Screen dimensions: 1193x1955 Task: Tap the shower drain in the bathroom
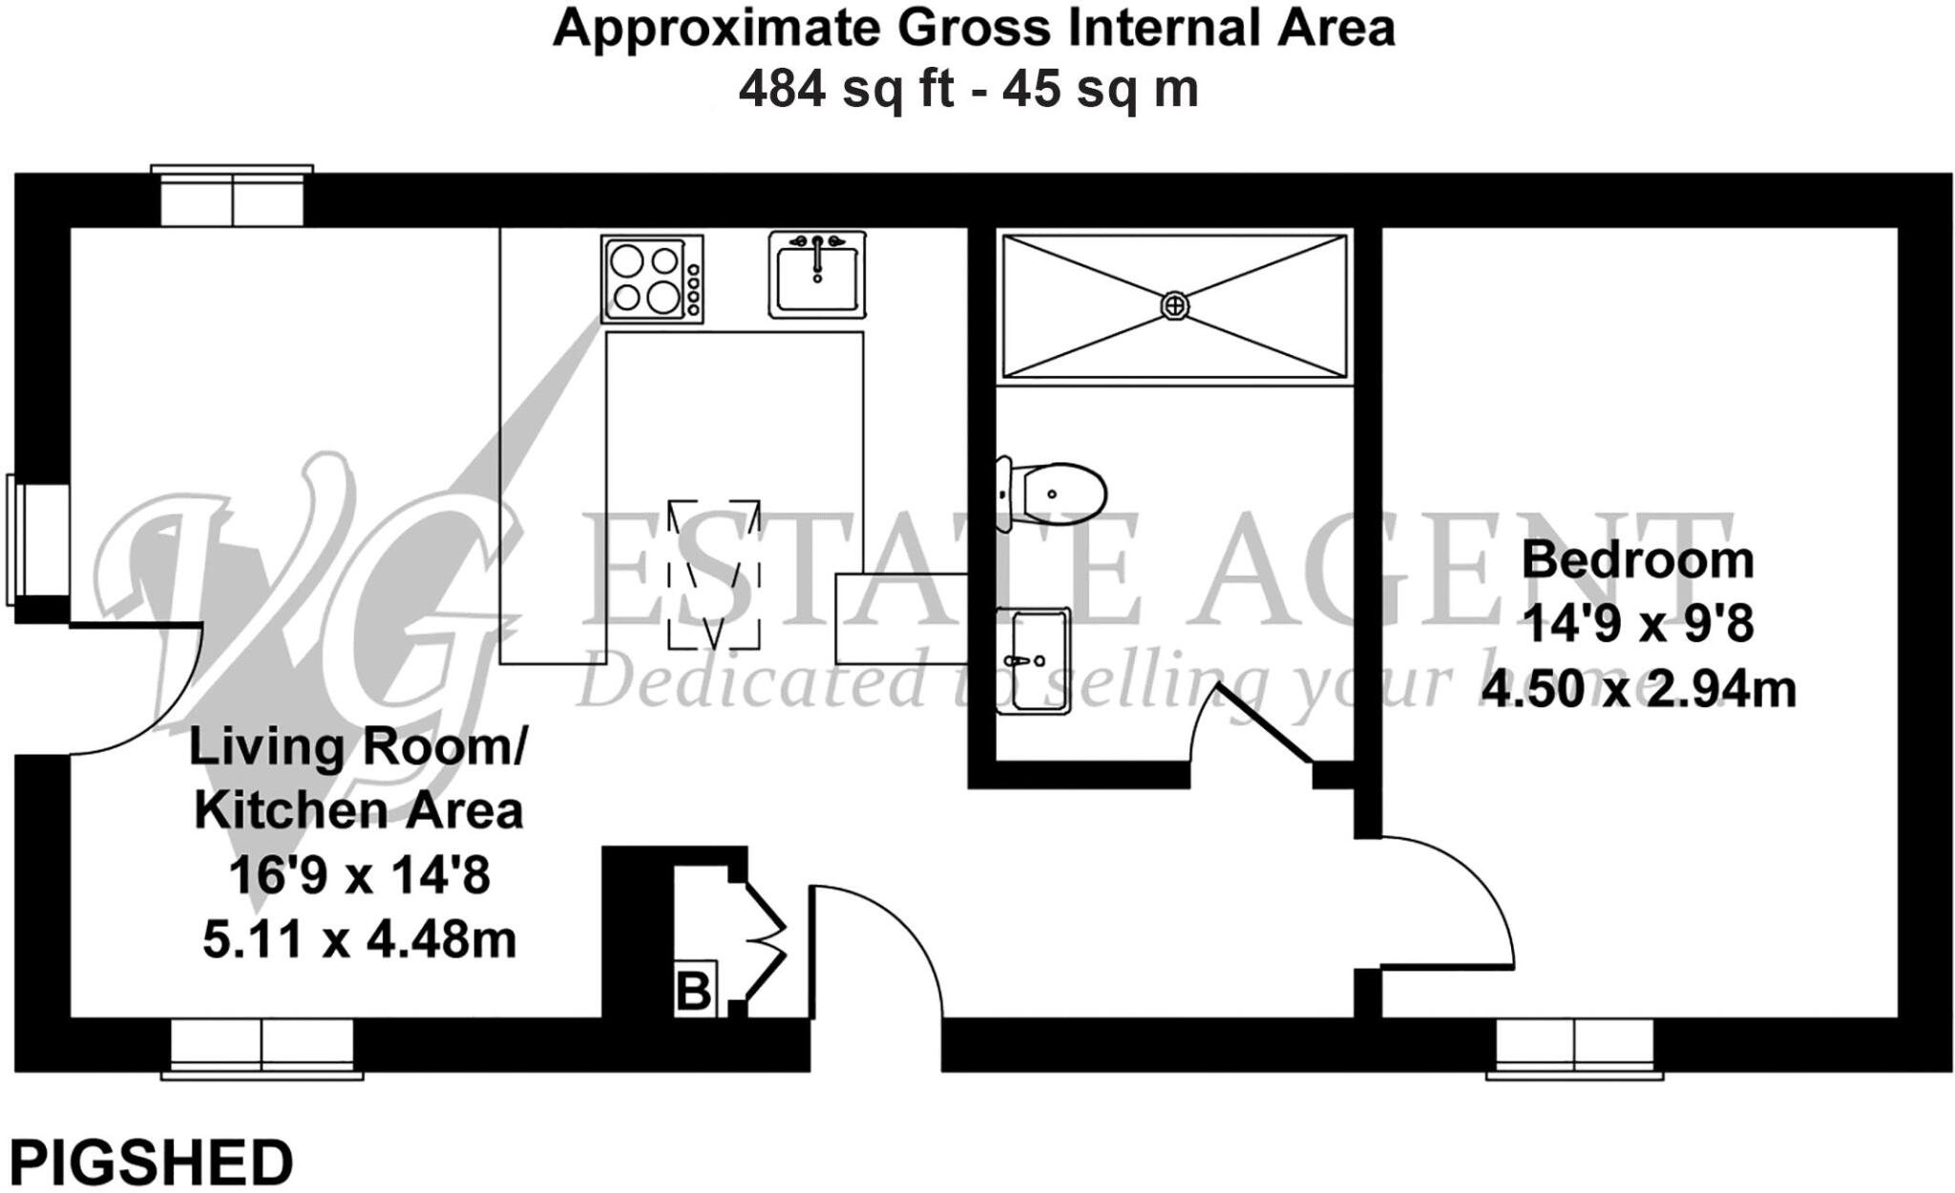(x=1175, y=305)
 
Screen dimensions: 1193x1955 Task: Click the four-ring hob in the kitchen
(x=652, y=279)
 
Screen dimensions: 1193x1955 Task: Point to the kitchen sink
(x=817, y=275)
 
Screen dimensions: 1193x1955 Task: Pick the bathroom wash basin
(x=1032, y=660)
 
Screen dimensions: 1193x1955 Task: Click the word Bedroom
(x=1638, y=560)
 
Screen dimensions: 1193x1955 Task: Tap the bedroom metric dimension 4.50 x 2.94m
(x=1638, y=689)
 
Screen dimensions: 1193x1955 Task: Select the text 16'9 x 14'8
(x=359, y=875)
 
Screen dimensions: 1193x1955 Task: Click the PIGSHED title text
(x=151, y=1163)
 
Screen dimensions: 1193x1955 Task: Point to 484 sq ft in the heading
(x=846, y=91)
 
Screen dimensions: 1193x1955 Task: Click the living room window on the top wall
(x=232, y=199)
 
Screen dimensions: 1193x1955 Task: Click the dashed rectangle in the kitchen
(x=714, y=575)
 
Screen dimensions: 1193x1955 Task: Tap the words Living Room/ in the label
(x=357, y=747)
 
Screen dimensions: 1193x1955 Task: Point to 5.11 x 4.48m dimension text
(x=359, y=940)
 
